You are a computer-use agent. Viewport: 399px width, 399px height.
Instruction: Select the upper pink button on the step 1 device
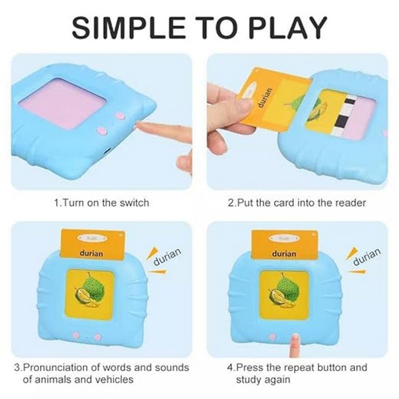(x=120, y=116)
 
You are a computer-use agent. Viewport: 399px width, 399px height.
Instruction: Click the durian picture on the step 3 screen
(x=89, y=294)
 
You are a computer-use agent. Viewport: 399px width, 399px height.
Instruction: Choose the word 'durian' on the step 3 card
(x=91, y=253)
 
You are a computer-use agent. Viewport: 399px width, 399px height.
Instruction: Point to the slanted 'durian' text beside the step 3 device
(x=167, y=256)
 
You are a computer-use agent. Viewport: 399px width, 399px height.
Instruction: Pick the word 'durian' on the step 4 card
(x=284, y=253)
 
